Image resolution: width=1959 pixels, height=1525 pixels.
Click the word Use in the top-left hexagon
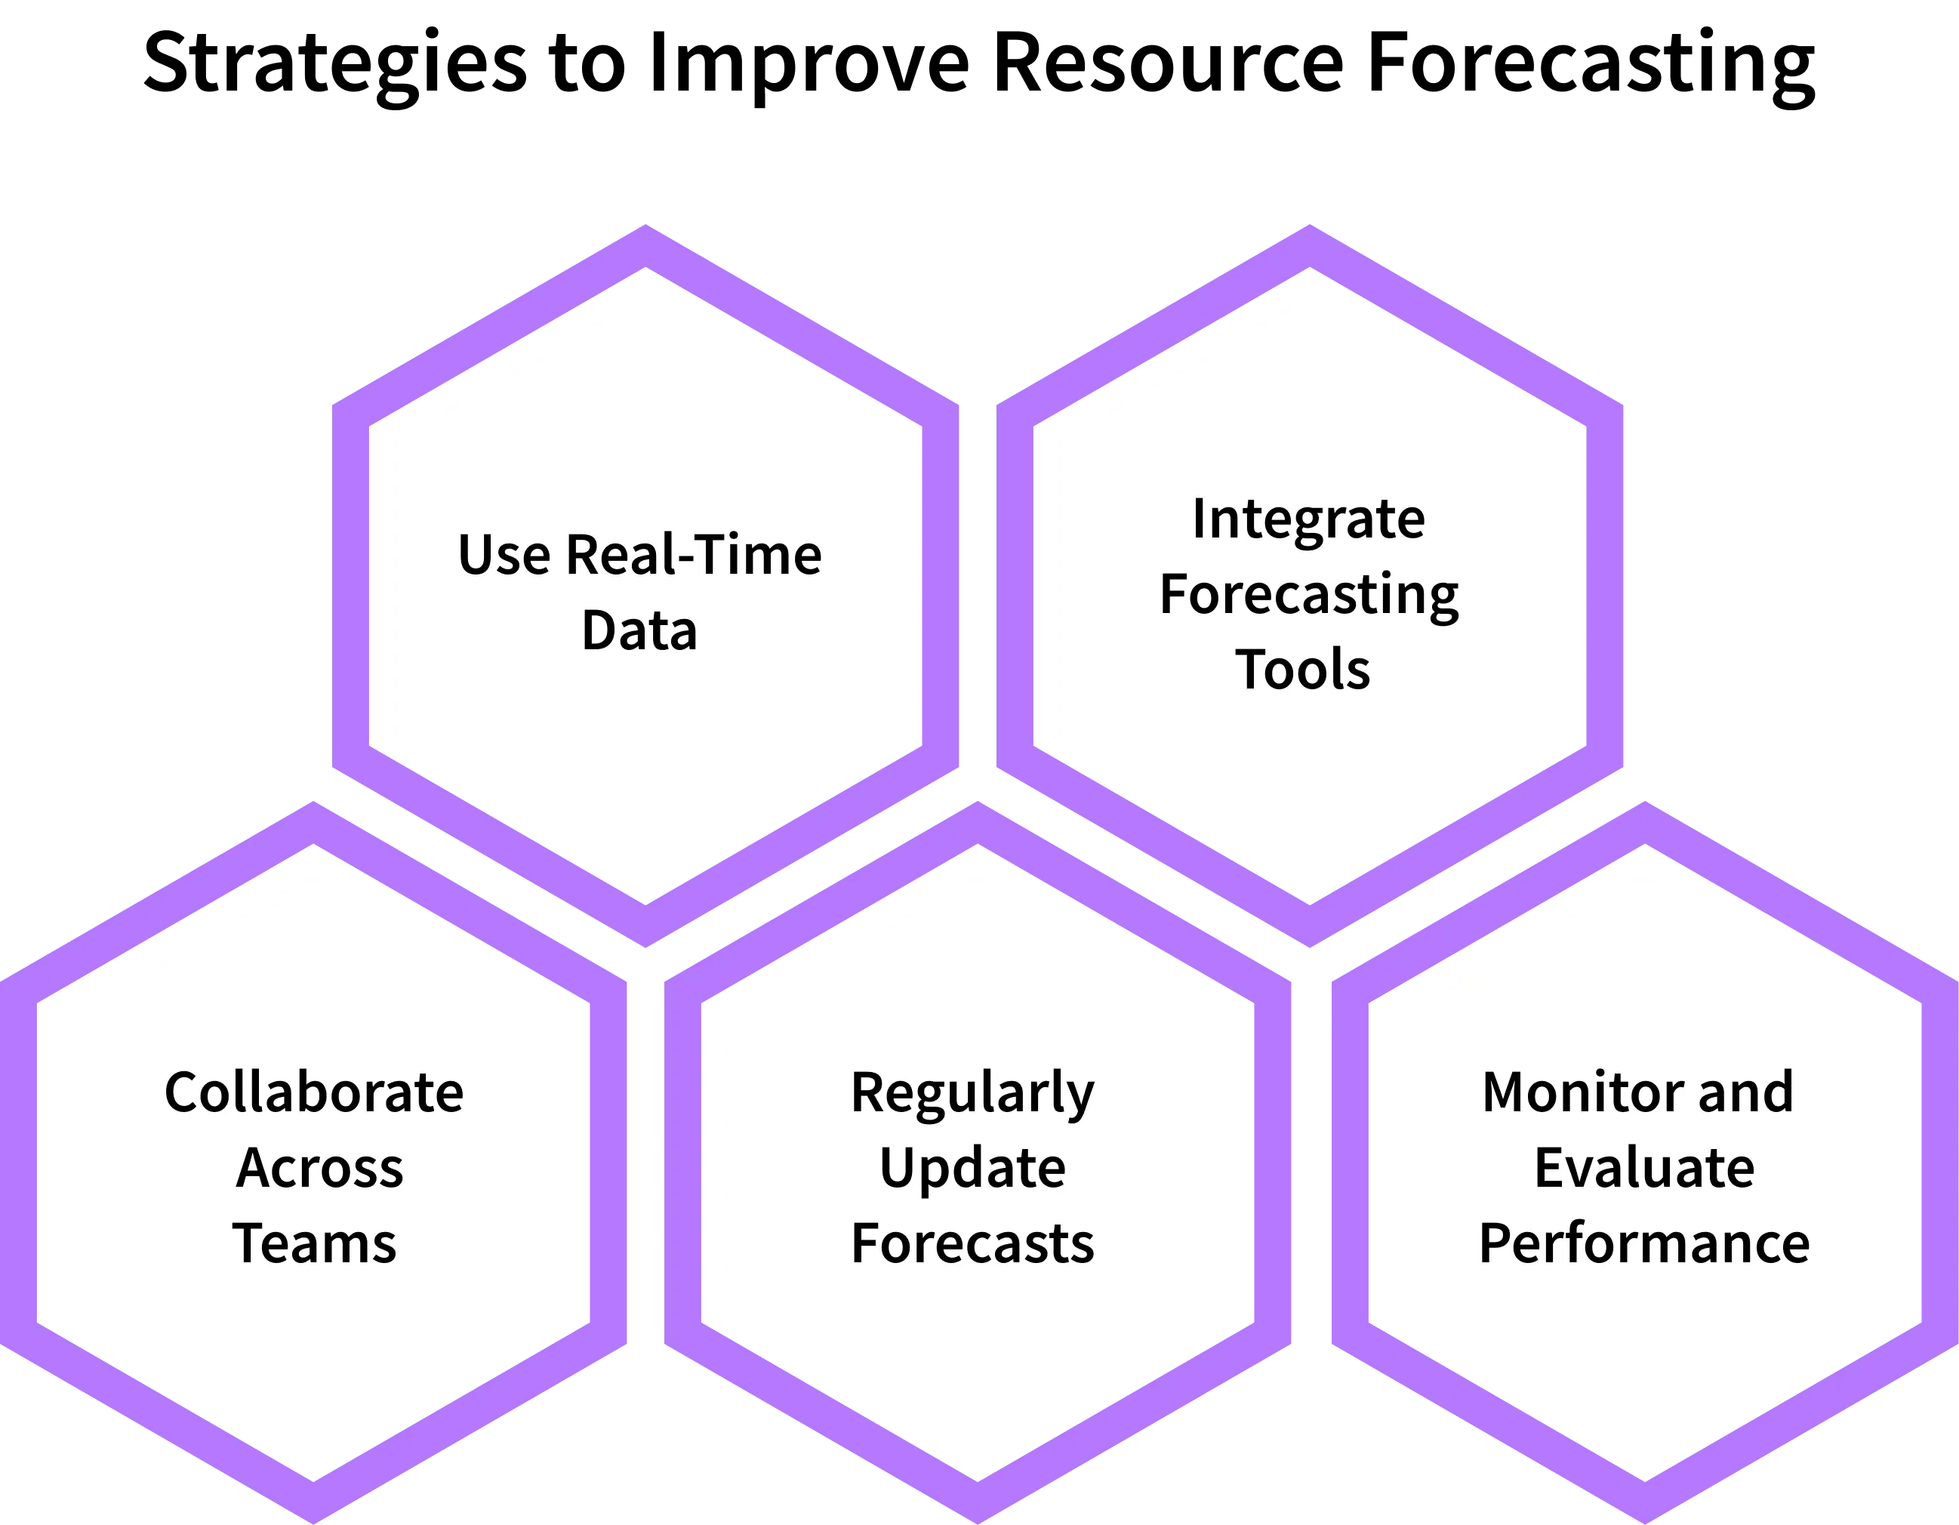(504, 554)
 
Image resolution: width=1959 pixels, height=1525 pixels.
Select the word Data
(639, 630)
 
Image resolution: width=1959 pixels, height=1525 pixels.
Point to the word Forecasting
(1309, 596)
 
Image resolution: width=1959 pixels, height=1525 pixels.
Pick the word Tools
(1302, 669)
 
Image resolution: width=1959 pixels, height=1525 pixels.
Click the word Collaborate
(314, 1092)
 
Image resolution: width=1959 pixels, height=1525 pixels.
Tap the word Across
(319, 1167)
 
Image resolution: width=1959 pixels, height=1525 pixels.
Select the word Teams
(314, 1243)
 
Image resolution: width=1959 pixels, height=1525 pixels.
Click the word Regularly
(972, 1093)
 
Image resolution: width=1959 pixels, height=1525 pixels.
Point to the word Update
(972, 1169)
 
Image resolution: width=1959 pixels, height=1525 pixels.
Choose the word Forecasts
(972, 1243)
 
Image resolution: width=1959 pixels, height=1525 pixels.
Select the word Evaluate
(1643, 1167)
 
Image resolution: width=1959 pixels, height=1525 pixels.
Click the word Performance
(1643, 1244)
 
